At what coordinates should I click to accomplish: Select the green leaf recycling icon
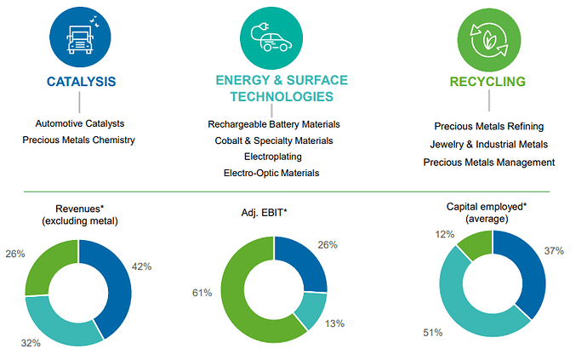click(488, 37)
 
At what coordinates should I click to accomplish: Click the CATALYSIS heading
click(81, 83)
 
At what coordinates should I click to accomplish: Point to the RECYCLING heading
click(488, 83)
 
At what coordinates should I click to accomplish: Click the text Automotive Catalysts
click(78, 123)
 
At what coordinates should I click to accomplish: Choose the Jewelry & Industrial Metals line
click(488, 144)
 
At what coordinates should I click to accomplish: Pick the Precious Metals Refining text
click(488, 126)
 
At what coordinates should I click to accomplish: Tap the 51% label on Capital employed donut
click(431, 332)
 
